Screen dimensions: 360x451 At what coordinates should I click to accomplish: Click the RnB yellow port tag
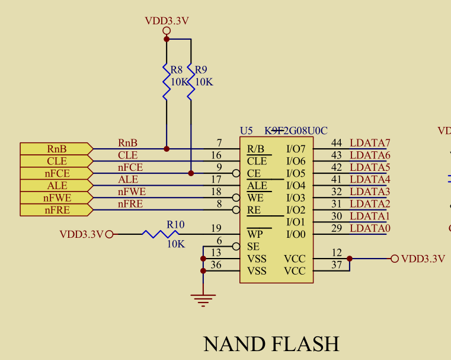tap(56, 149)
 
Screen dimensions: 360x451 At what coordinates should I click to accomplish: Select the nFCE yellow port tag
tap(56, 173)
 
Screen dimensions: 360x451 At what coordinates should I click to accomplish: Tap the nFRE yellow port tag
tap(56, 210)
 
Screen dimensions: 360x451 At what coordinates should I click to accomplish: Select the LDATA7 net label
tap(370, 143)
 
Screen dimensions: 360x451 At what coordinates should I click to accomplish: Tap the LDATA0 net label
tap(370, 228)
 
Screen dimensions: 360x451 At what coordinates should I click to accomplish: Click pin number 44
tap(337, 143)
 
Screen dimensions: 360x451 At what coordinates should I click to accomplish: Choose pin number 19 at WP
tap(216, 228)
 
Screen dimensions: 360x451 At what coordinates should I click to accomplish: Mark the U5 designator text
tap(246, 130)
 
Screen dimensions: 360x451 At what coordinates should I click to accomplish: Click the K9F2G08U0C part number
tap(296, 130)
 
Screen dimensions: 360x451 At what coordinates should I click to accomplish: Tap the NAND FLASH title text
tap(271, 343)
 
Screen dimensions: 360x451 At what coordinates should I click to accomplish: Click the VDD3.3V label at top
tap(167, 21)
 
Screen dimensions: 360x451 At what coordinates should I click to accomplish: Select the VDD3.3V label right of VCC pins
tap(423, 259)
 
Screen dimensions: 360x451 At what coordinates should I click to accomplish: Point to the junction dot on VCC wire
tap(350, 259)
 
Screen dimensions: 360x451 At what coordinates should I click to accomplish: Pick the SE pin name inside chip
tap(253, 247)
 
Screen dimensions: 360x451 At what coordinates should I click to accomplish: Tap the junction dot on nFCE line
tap(191, 173)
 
